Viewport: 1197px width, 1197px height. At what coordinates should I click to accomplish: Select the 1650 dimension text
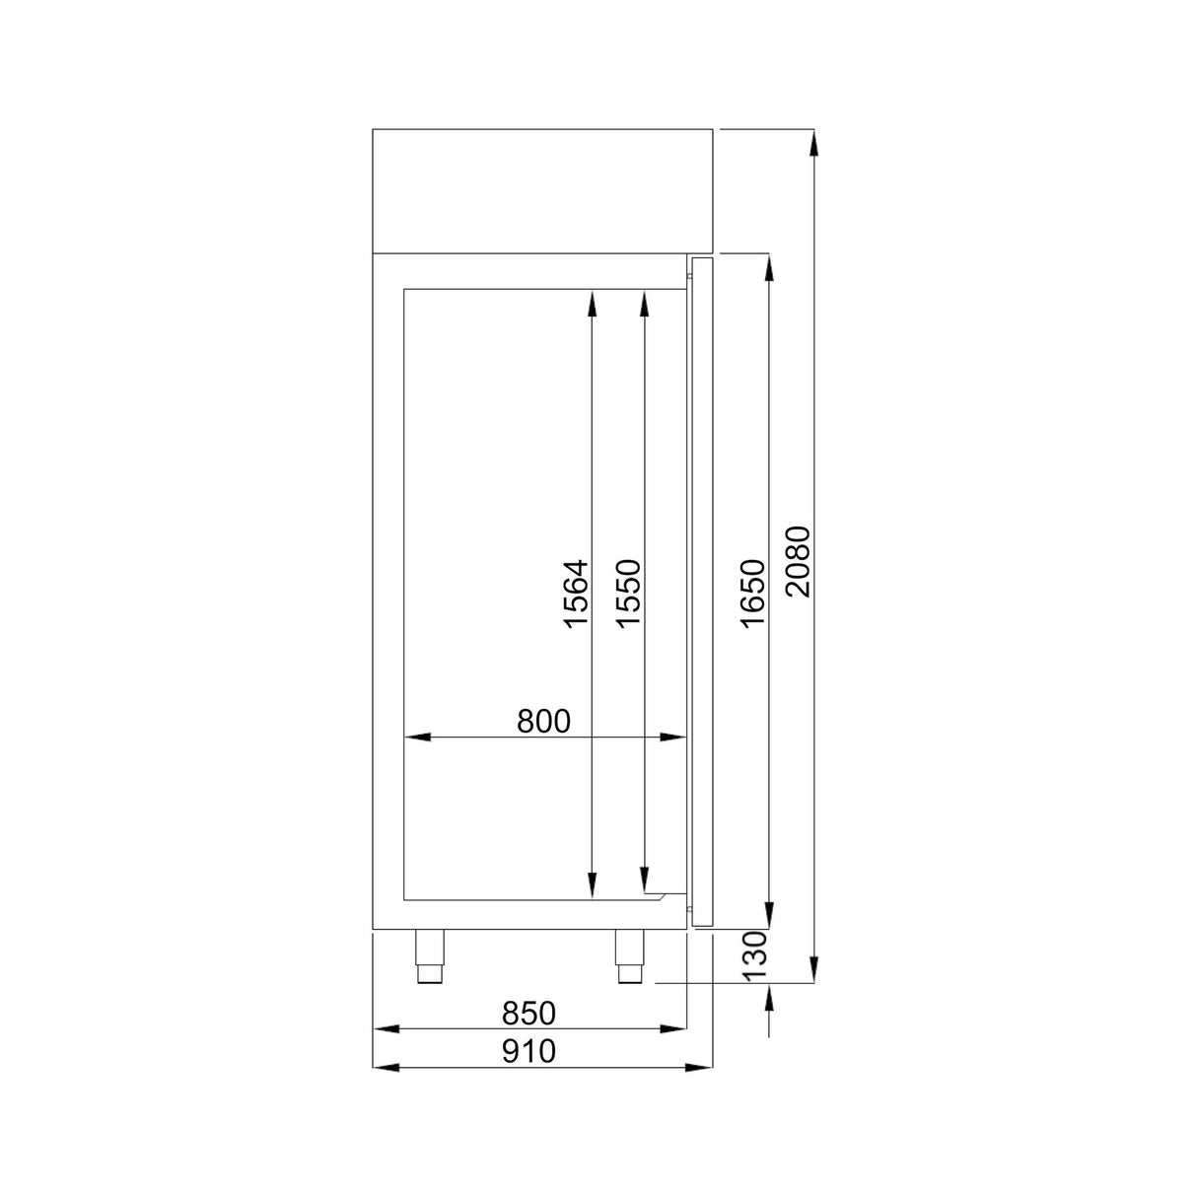pyautogui.click(x=751, y=594)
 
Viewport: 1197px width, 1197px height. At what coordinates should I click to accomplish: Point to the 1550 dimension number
pyautogui.click(x=628, y=594)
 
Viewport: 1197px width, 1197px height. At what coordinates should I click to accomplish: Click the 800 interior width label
pyautogui.click(x=543, y=721)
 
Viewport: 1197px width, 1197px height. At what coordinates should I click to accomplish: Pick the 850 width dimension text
pyautogui.click(x=529, y=1013)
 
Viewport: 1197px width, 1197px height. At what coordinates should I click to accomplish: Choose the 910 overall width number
pyautogui.click(x=529, y=1051)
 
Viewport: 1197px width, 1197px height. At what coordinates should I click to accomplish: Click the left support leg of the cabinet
pyautogui.click(x=429, y=955)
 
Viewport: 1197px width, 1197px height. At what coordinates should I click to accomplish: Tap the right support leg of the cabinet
pyautogui.click(x=629, y=955)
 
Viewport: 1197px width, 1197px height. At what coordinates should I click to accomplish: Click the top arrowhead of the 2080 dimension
pyautogui.click(x=814, y=143)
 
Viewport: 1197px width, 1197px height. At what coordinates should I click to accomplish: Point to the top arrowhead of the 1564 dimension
pyautogui.click(x=592, y=302)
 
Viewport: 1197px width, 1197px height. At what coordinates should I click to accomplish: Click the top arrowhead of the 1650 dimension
pyautogui.click(x=768, y=267)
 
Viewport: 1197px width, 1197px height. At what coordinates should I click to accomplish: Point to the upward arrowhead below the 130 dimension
pyautogui.click(x=768, y=997)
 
